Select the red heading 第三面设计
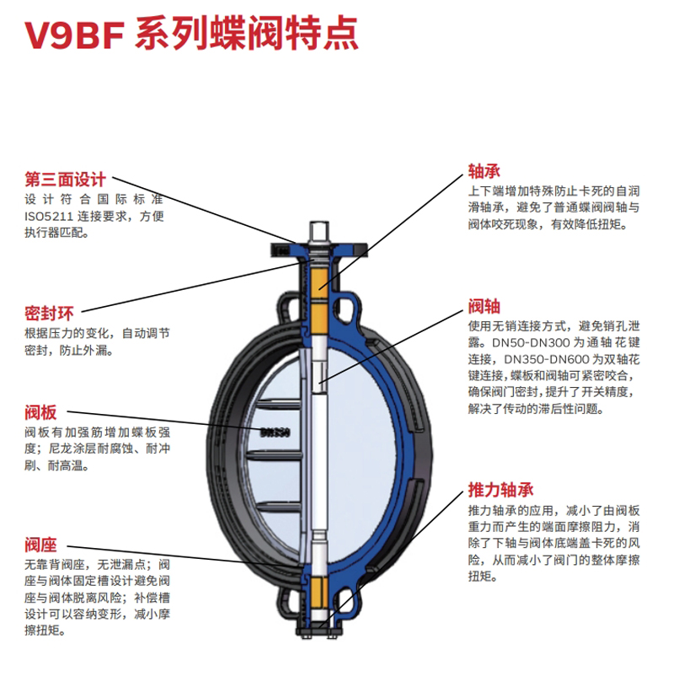(65, 180)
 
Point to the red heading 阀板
(40, 413)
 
